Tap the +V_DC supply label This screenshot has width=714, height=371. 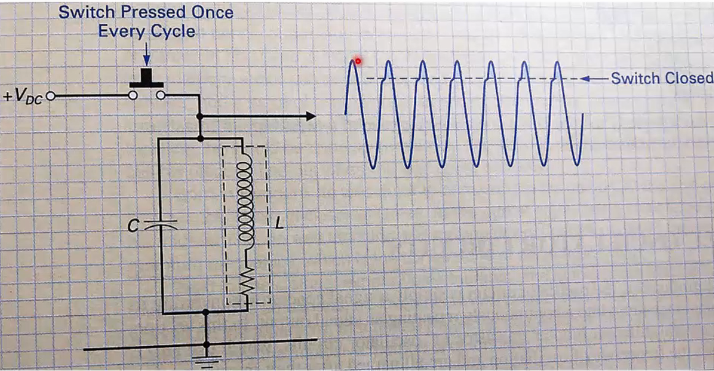(23, 98)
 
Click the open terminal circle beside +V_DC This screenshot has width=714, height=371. (51, 96)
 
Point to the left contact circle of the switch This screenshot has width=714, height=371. (132, 96)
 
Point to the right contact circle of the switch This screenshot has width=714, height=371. (161, 96)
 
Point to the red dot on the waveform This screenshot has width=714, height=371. (358, 61)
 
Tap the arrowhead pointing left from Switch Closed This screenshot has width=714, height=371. (584, 78)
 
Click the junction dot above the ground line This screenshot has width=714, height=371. (206, 312)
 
